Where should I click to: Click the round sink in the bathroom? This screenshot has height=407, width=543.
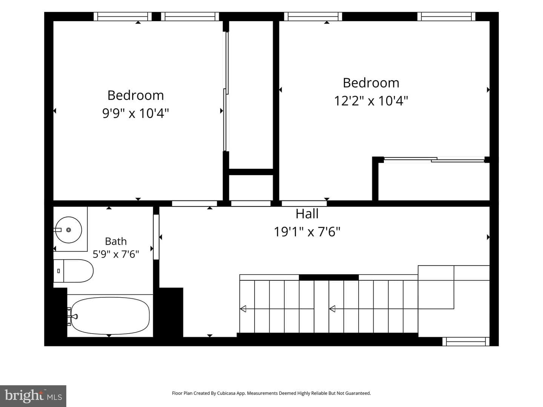tap(69, 230)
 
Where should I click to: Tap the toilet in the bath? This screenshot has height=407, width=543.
tap(74, 271)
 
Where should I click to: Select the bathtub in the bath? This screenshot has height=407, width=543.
tap(110, 315)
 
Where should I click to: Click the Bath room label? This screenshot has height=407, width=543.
tap(116, 241)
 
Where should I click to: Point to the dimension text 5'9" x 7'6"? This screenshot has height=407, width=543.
tap(116, 254)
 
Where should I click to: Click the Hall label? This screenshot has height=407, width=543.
tap(307, 214)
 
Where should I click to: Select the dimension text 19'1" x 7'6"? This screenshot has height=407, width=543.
tap(307, 232)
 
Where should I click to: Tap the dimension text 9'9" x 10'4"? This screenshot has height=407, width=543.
tap(136, 113)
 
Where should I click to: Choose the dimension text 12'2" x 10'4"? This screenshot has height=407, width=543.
tap(371, 101)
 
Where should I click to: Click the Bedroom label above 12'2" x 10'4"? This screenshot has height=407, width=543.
tap(371, 83)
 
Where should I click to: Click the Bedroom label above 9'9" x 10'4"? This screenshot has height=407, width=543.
tap(136, 95)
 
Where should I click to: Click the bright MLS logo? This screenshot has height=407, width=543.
tap(33, 396)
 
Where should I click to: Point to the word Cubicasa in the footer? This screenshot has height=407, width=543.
tap(226, 393)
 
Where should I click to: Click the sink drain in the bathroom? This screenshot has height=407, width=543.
tap(69, 230)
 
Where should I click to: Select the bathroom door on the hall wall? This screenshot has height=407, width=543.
tap(156, 237)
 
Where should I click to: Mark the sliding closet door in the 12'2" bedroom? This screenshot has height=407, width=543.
tap(434, 160)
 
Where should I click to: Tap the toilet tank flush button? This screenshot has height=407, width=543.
tap(58, 271)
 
